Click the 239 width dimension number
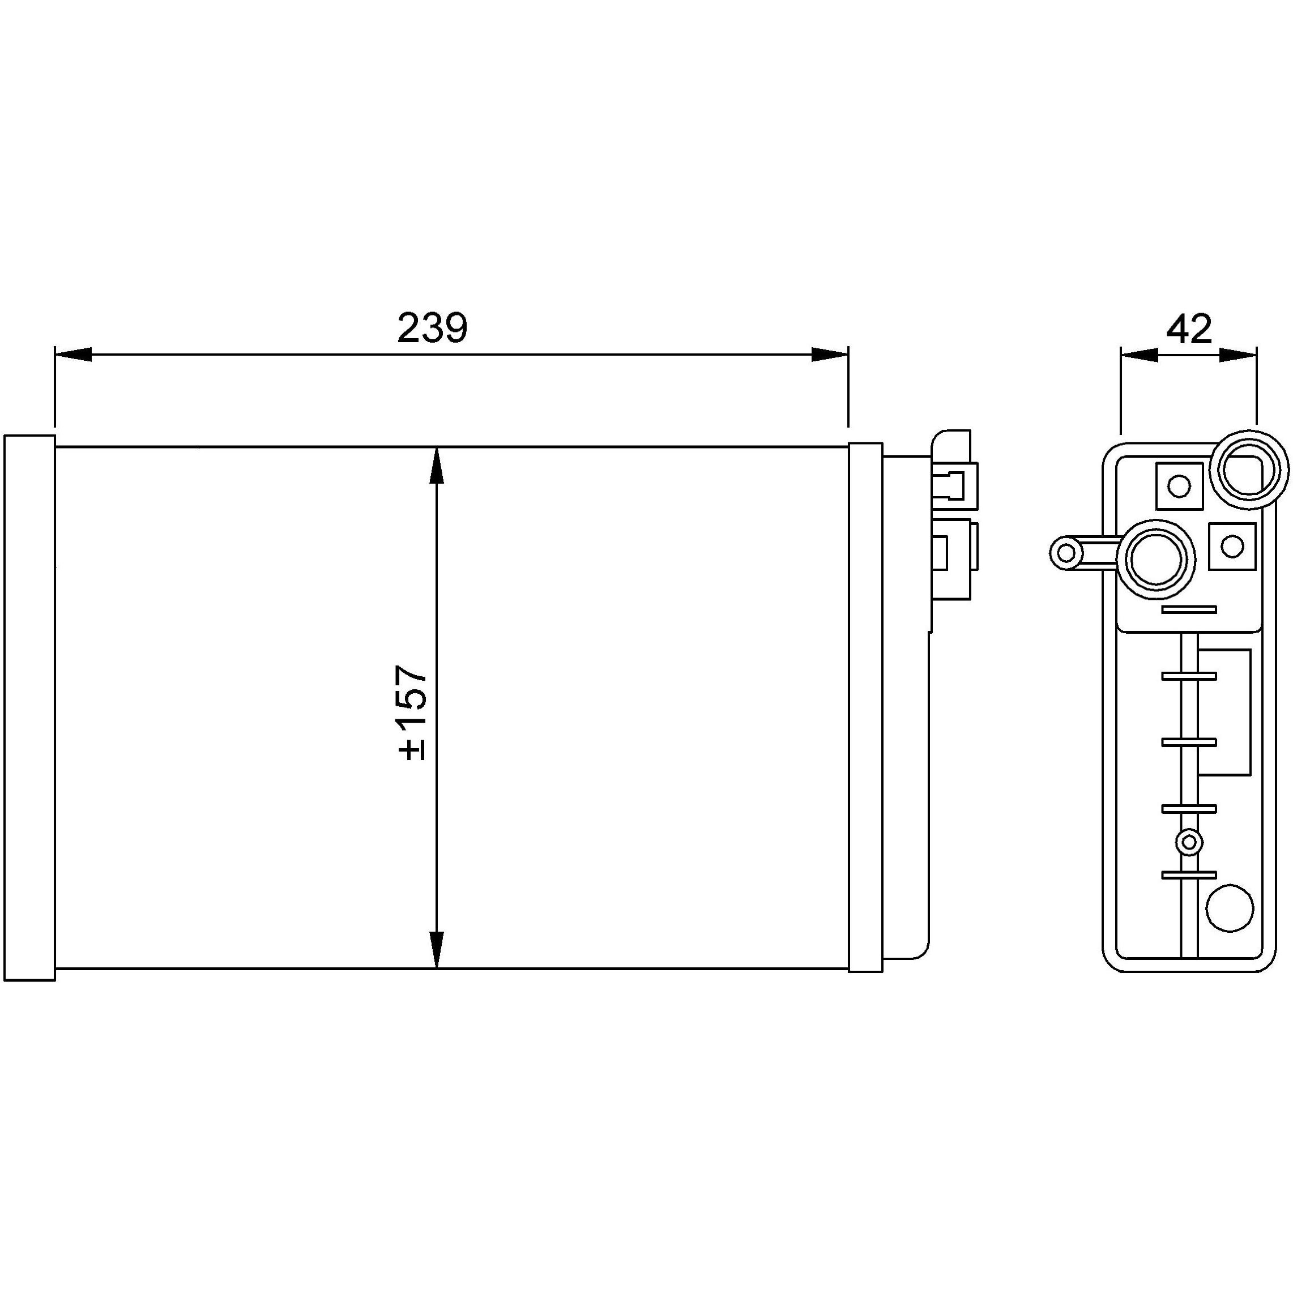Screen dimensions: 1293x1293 (x=432, y=328)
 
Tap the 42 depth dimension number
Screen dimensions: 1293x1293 (x=1189, y=328)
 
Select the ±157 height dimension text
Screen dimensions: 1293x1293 (x=412, y=712)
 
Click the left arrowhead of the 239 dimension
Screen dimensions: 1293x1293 (x=72, y=355)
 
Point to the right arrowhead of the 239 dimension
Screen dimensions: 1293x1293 (x=830, y=355)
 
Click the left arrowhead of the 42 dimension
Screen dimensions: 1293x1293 (x=1138, y=355)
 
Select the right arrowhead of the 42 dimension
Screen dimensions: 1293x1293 (x=1237, y=355)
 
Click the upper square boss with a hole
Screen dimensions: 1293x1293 (x=1179, y=486)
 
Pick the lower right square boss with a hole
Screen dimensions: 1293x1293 (x=1231, y=546)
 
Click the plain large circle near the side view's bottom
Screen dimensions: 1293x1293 (x=1230, y=909)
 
